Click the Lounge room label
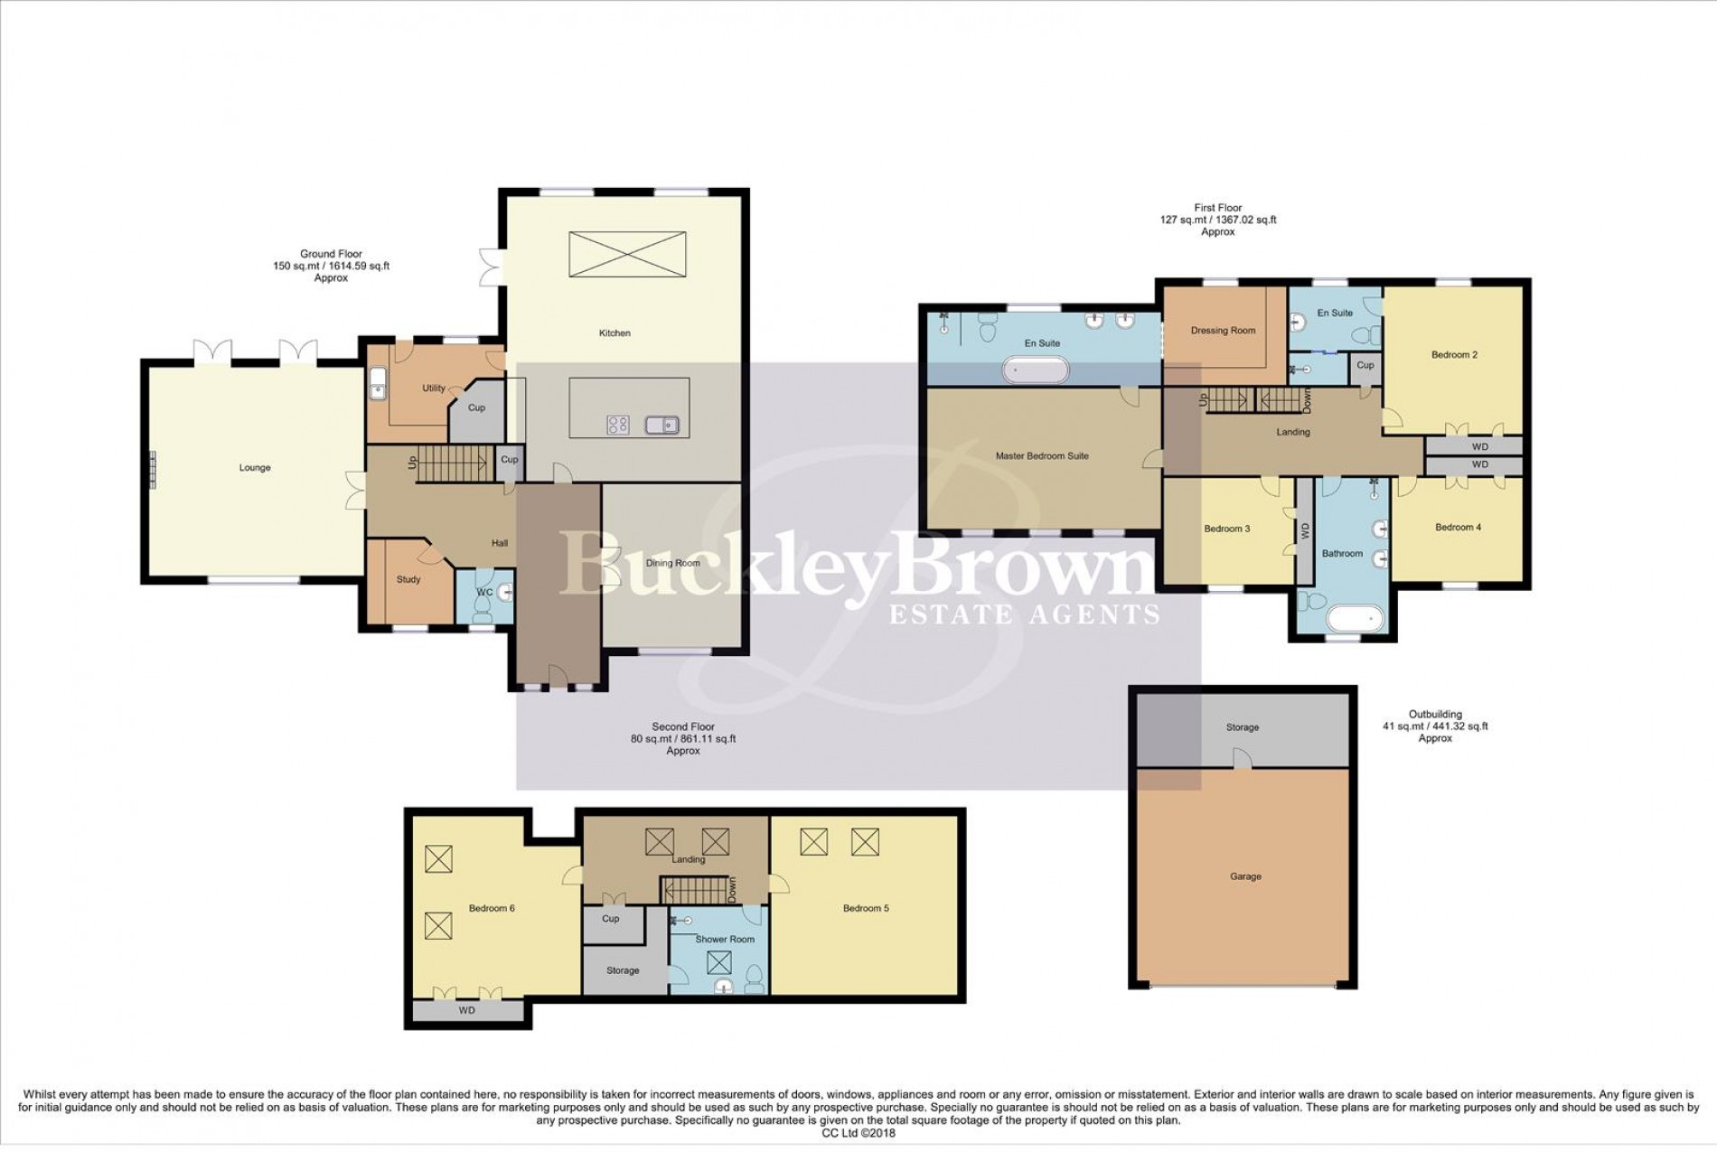click(255, 468)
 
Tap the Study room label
click(408, 580)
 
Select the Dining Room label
click(672, 563)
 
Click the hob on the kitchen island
click(617, 425)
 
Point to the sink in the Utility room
click(378, 384)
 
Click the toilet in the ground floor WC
click(482, 614)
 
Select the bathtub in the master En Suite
click(1036, 370)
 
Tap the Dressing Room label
click(1223, 331)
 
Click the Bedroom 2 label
click(1454, 355)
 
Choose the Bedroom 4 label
click(1458, 528)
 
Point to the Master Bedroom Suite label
click(1042, 456)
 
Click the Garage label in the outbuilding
click(1245, 876)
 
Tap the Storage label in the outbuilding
click(1243, 727)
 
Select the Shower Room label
click(725, 940)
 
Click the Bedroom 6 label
click(492, 909)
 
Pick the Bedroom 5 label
click(866, 909)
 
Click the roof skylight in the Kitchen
click(627, 254)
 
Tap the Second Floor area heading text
click(683, 727)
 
